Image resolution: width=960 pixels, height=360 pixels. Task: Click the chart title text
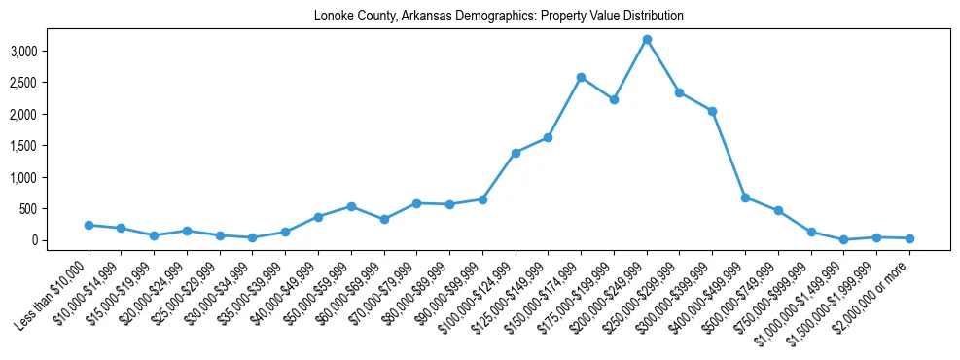click(x=499, y=17)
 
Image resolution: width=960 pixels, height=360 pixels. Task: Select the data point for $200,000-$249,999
click(x=647, y=39)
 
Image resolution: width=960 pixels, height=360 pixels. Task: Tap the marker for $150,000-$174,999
click(x=581, y=77)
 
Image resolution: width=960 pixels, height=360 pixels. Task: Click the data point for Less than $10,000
click(x=89, y=225)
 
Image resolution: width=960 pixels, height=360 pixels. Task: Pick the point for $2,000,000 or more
click(x=909, y=238)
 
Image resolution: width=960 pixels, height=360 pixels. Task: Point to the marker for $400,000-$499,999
click(x=745, y=198)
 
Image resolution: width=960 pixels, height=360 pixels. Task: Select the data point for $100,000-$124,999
click(x=516, y=153)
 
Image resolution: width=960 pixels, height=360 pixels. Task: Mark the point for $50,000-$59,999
click(x=351, y=206)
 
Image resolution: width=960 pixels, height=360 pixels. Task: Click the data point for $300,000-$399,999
click(x=712, y=111)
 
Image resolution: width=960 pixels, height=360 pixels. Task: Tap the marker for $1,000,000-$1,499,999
click(x=844, y=239)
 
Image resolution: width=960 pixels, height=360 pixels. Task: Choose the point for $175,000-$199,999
click(x=614, y=99)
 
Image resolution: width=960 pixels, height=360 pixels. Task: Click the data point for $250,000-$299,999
click(x=680, y=92)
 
